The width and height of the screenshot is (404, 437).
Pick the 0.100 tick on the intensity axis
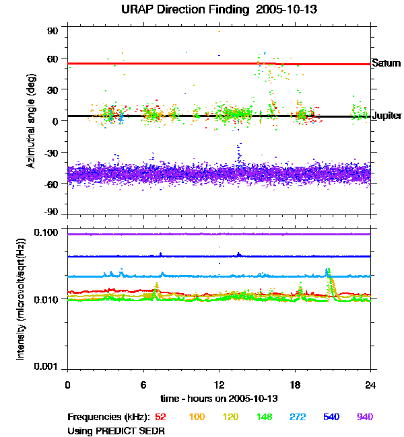49,233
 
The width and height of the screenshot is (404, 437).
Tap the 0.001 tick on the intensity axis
49,367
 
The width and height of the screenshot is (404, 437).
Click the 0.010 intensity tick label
49,299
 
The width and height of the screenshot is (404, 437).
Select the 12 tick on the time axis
219,385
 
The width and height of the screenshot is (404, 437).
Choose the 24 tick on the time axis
370,385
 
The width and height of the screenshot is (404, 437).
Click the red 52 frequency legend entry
161,417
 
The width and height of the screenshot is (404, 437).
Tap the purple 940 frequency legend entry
364,417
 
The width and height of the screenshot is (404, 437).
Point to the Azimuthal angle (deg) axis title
31,122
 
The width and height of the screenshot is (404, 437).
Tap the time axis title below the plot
219,399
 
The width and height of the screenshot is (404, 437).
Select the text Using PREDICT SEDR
116,430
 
